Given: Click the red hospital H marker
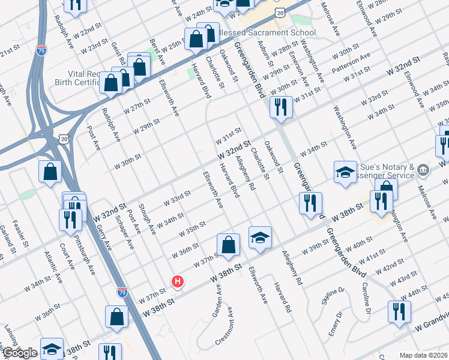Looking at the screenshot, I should point(178,281).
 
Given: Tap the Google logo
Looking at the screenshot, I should point(20,353).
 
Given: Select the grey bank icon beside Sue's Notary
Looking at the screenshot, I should point(424,170).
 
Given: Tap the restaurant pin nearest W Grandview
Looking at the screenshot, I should point(398,313).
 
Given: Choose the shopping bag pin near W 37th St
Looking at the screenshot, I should point(228,245).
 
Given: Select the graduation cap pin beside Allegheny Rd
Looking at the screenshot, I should point(260,238).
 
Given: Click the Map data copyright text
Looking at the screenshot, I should point(423,355).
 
